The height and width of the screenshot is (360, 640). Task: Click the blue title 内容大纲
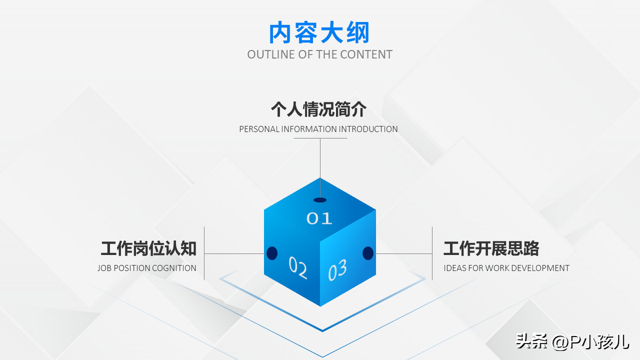[319, 33]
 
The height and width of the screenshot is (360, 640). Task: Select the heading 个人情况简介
[318, 109]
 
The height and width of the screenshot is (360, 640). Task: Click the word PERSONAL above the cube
[259, 129]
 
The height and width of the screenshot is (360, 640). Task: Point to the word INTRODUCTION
[368, 129]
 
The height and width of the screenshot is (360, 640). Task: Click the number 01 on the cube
[319, 219]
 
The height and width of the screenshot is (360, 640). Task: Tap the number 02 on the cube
[298, 267]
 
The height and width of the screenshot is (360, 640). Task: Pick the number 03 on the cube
[338, 270]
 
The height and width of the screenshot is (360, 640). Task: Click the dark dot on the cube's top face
[320, 200]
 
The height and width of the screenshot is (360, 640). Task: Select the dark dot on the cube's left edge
[272, 253]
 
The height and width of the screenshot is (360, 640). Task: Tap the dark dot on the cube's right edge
[368, 253]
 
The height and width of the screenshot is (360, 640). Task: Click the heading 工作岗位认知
[149, 249]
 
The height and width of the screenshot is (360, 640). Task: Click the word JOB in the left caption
[105, 268]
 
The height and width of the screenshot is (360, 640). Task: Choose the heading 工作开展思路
[491, 249]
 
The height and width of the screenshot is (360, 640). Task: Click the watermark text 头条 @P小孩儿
[572, 342]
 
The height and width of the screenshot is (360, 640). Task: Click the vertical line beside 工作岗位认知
[204, 253]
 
